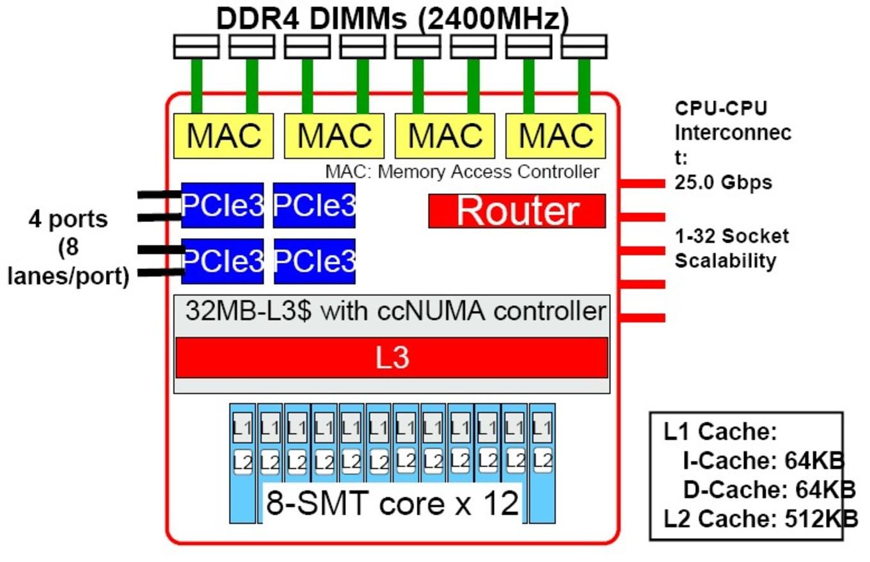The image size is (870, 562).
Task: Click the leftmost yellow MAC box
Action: point(223,136)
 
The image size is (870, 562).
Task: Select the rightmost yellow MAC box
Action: point(555,136)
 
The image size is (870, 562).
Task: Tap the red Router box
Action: point(517,211)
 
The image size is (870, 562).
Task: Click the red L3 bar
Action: point(392,358)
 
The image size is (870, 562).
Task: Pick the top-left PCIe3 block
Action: point(222,205)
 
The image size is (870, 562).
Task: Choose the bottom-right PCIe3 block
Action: point(315,261)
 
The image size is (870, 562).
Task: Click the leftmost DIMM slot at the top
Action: point(196,47)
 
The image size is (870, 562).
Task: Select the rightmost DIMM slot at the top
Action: point(584,47)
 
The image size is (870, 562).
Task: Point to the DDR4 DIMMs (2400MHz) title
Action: point(393,19)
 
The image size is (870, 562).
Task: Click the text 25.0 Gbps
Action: point(723,182)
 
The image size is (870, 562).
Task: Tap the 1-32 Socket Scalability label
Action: point(732,248)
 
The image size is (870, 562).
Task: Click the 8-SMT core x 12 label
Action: point(392,503)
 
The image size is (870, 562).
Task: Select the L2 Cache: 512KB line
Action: point(761,518)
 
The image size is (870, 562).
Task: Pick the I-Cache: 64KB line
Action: point(764,461)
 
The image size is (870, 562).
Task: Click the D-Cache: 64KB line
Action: point(770,489)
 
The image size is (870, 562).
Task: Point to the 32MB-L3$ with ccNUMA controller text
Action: point(396,311)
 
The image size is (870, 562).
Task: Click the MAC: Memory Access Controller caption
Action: point(462,172)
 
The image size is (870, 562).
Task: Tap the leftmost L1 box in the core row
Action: point(242,428)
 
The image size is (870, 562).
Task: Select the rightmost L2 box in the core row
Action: point(542,461)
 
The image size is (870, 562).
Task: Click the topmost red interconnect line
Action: point(642,183)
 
